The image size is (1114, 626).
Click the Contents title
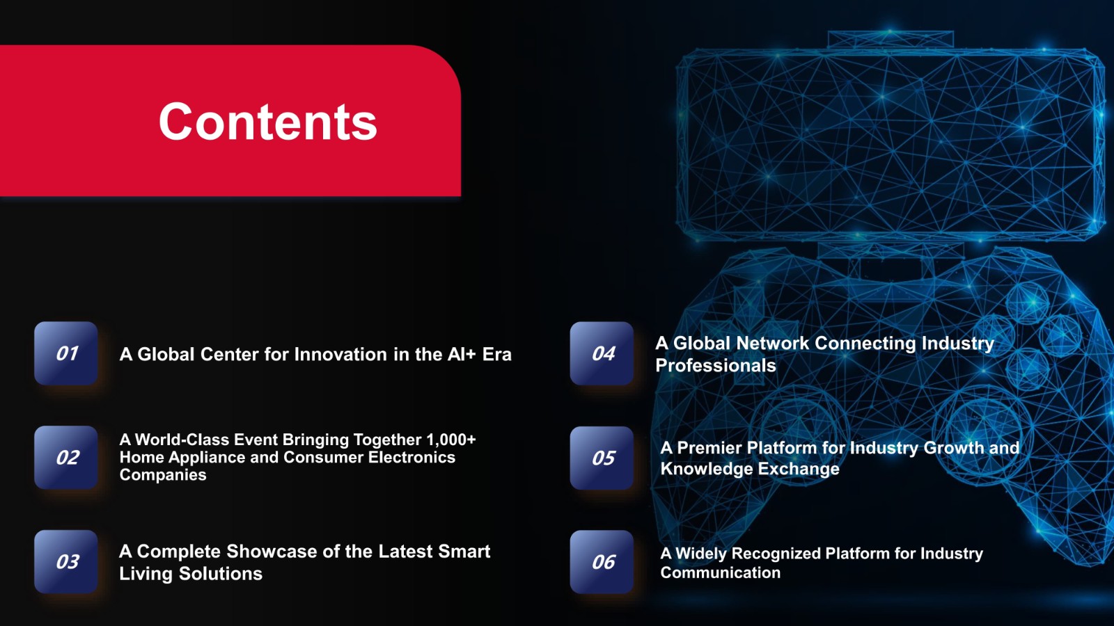pos(268,122)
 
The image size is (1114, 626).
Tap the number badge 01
pos(65,353)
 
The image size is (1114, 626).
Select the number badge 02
pos(65,458)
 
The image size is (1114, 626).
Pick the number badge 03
pos(65,562)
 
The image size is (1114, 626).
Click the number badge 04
pos(602,353)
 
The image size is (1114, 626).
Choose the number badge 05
pos(602,458)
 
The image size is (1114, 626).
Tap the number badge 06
pos(602,562)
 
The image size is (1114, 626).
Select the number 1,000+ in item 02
pos(450,440)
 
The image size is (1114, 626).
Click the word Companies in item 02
pos(163,475)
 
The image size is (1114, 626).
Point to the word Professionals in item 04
pos(716,366)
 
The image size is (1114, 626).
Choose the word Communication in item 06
pos(720,573)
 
